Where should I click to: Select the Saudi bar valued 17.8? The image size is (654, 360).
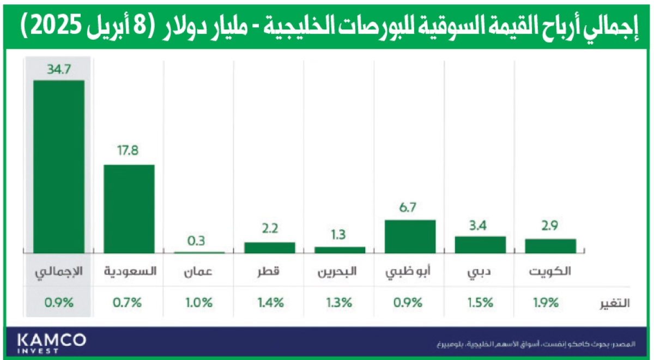click(x=129, y=209)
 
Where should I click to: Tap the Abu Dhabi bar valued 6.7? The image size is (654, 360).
click(x=410, y=236)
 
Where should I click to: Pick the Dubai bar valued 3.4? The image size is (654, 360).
click(x=480, y=245)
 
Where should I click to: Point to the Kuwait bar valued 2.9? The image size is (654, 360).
click(x=550, y=246)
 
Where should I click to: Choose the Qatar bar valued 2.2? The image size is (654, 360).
click(x=270, y=247)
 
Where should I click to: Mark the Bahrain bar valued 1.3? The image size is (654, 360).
click(x=340, y=249)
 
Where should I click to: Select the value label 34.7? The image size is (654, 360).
click(x=59, y=70)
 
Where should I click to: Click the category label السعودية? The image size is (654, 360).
click(x=129, y=271)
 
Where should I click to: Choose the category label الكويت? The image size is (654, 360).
click(x=550, y=271)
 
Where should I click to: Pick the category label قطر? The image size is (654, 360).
click(x=270, y=271)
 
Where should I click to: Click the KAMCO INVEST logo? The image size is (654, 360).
click(x=52, y=343)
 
